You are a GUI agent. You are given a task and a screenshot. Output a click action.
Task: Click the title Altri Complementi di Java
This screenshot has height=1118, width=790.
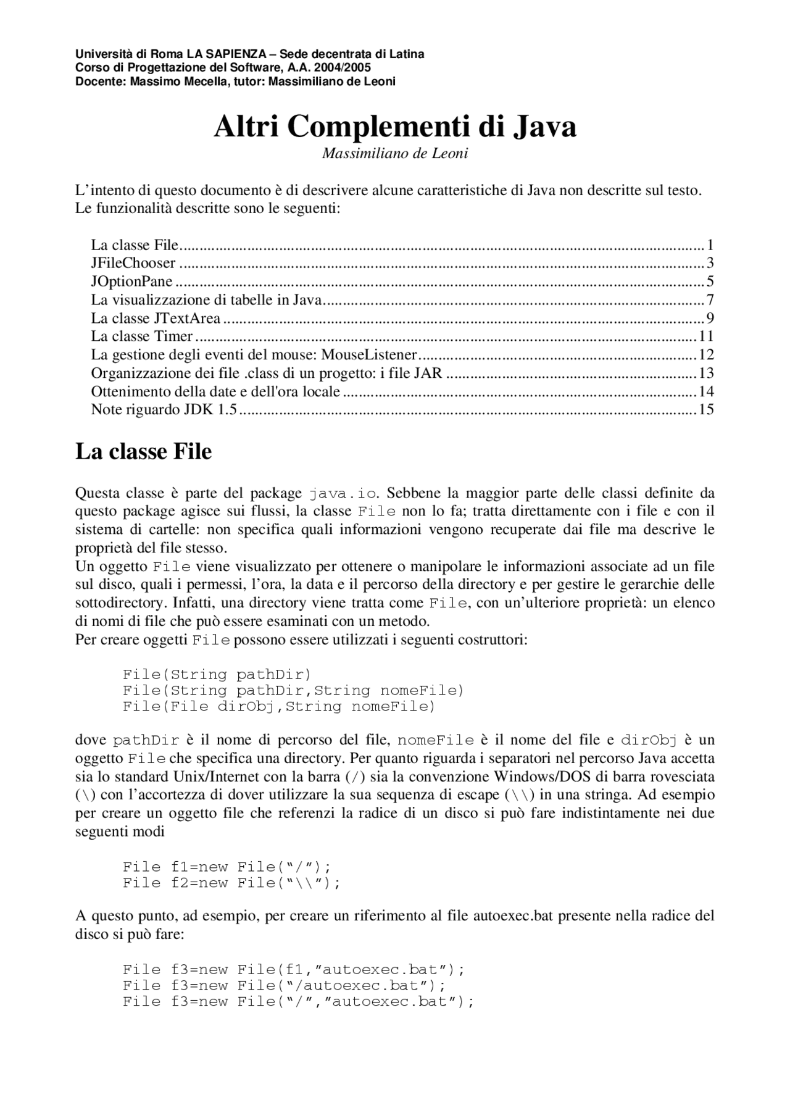395,127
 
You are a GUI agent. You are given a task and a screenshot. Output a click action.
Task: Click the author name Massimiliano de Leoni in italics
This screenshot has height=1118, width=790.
395,153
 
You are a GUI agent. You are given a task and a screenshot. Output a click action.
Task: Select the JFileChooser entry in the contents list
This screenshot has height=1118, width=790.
133,263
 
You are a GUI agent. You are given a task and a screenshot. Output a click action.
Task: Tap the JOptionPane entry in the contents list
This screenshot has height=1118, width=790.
132,282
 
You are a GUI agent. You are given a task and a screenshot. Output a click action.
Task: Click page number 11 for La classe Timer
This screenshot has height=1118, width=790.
705,336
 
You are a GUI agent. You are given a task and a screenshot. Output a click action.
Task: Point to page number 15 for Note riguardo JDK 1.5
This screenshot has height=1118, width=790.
705,409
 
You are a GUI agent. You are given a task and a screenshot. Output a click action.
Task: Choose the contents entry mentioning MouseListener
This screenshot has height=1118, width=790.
254,355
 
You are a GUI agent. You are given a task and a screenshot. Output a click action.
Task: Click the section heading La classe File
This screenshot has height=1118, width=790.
143,451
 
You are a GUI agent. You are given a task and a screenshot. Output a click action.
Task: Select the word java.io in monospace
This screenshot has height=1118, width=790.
343,494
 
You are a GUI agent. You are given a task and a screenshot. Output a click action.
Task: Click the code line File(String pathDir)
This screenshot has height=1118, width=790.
217,674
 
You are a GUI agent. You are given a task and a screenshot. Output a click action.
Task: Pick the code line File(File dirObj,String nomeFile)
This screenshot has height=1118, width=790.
279,706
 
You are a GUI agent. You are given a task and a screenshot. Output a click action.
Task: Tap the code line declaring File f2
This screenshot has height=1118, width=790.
231,883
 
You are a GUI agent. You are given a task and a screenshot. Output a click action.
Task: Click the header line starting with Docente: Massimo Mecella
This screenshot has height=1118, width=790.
235,81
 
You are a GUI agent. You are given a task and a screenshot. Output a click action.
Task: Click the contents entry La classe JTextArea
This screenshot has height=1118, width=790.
156,319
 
